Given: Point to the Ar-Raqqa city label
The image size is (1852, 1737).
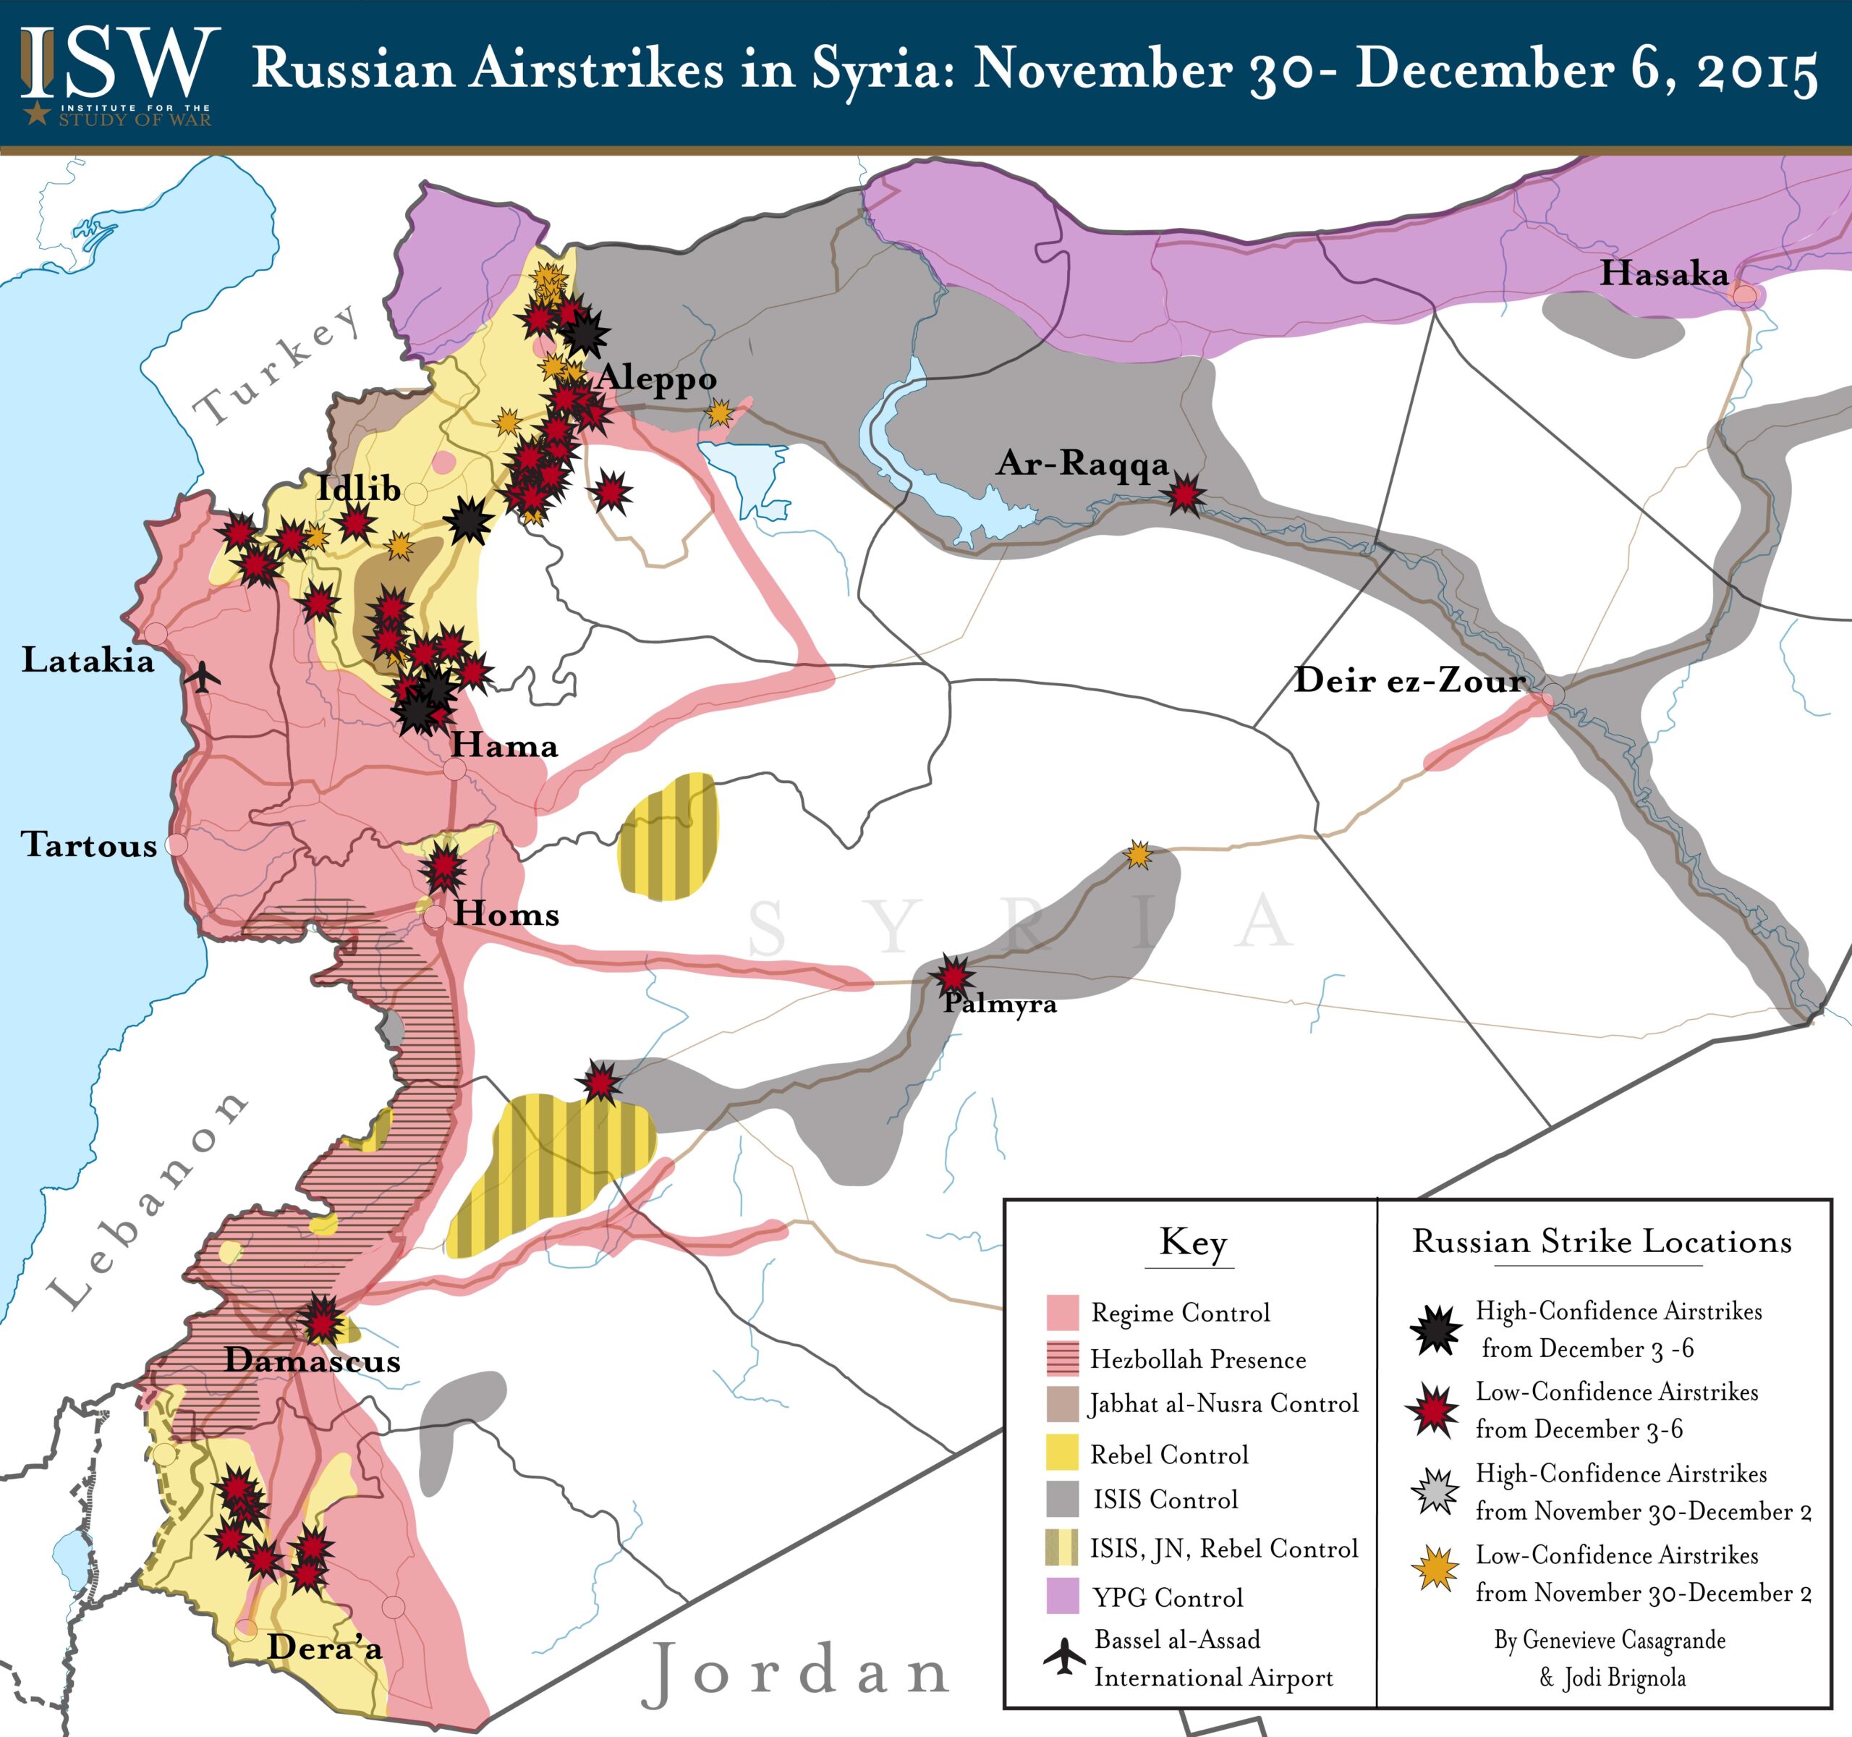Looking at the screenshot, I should (1082, 463).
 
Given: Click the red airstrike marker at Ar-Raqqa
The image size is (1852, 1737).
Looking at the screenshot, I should (1185, 494).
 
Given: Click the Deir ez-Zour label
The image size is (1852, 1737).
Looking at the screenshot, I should (1409, 680).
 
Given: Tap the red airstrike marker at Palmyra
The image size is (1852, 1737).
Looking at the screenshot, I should (953, 976).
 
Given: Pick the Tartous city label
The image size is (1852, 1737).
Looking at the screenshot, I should (90, 845).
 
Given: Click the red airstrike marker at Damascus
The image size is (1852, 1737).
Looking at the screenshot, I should (321, 1319).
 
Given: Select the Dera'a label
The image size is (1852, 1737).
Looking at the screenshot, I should (325, 1647).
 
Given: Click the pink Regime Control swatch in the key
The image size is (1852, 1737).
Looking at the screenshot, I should (1063, 1312).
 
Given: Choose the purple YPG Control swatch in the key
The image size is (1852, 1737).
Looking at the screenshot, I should (1063, 1597).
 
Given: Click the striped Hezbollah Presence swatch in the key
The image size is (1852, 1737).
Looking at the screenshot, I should (1063, 1358).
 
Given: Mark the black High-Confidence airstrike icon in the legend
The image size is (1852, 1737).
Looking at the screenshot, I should (1435, 1330).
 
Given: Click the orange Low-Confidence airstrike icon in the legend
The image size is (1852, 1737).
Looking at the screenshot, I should (1435, 1568).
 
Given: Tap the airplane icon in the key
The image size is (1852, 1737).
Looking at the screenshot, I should (1064, 1656).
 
